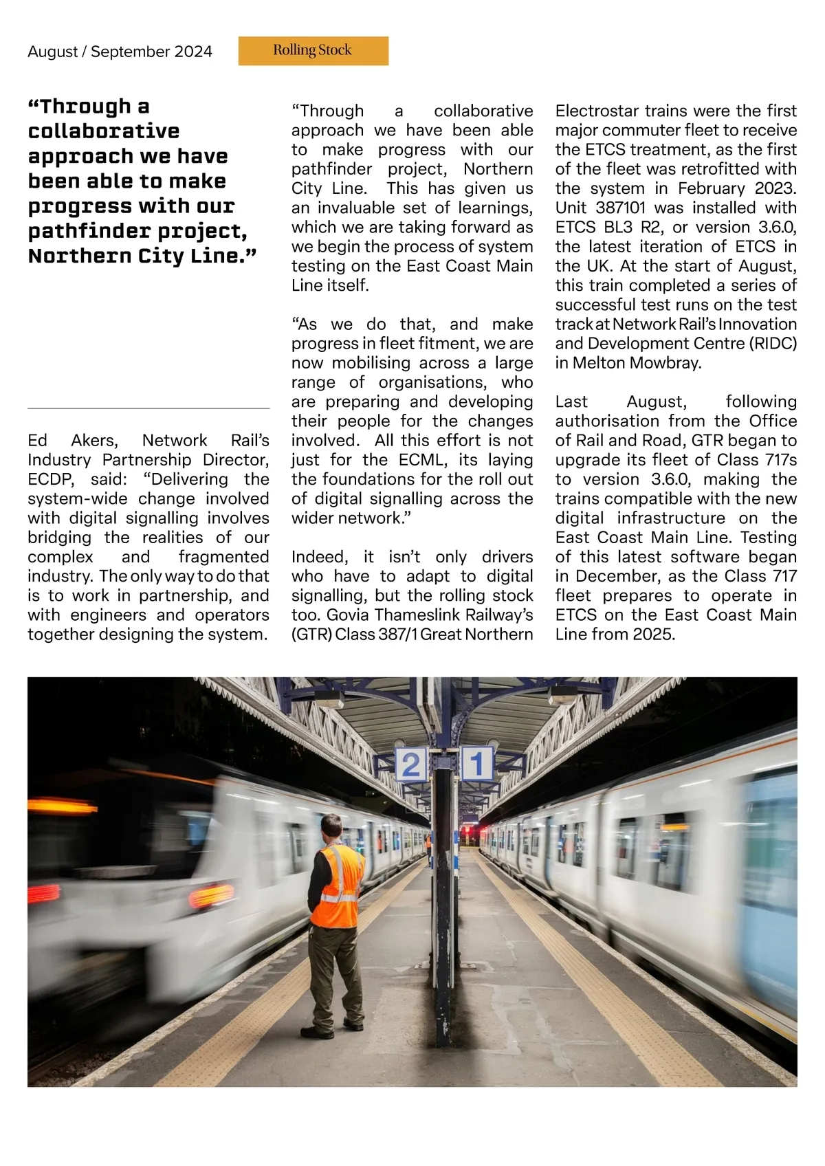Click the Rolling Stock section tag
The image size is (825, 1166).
point(313,50)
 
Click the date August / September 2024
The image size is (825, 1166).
point(120,52)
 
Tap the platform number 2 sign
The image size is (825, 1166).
point(410,764)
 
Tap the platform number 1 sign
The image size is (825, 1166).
point(477,762)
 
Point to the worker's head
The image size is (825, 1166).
point(331,827)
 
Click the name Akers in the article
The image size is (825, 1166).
point(93,440)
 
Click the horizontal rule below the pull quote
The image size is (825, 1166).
point(148,408)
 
